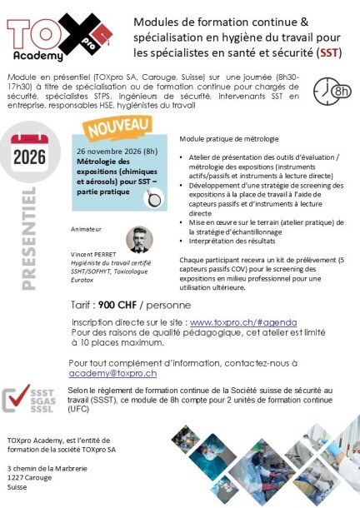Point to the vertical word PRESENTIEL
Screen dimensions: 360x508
34,237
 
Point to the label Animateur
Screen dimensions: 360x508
87,227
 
